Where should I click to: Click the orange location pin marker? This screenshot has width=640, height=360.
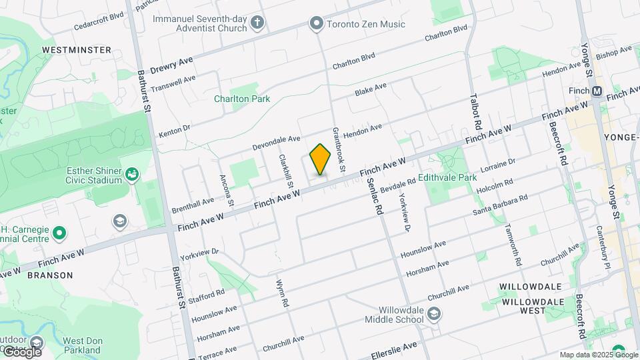click(x=321, y=159)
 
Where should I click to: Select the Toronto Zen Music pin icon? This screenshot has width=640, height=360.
click(x=316, y=24)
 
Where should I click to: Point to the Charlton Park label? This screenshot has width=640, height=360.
click(x=242, y=99)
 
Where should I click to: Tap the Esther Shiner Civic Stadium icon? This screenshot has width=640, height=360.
click(x=132, y=175)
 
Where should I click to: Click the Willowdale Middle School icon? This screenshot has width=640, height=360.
click(x=434, y=314)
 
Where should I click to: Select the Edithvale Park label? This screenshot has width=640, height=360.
click(x=447, y=179)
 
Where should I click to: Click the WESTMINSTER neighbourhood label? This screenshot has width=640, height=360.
click(x=76, y=50)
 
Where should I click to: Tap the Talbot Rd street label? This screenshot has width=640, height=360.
click(x=477, y=110)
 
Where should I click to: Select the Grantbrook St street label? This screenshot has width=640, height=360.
click(x=336, y=148)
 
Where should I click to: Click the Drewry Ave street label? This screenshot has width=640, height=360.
click(x=171, y=65)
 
